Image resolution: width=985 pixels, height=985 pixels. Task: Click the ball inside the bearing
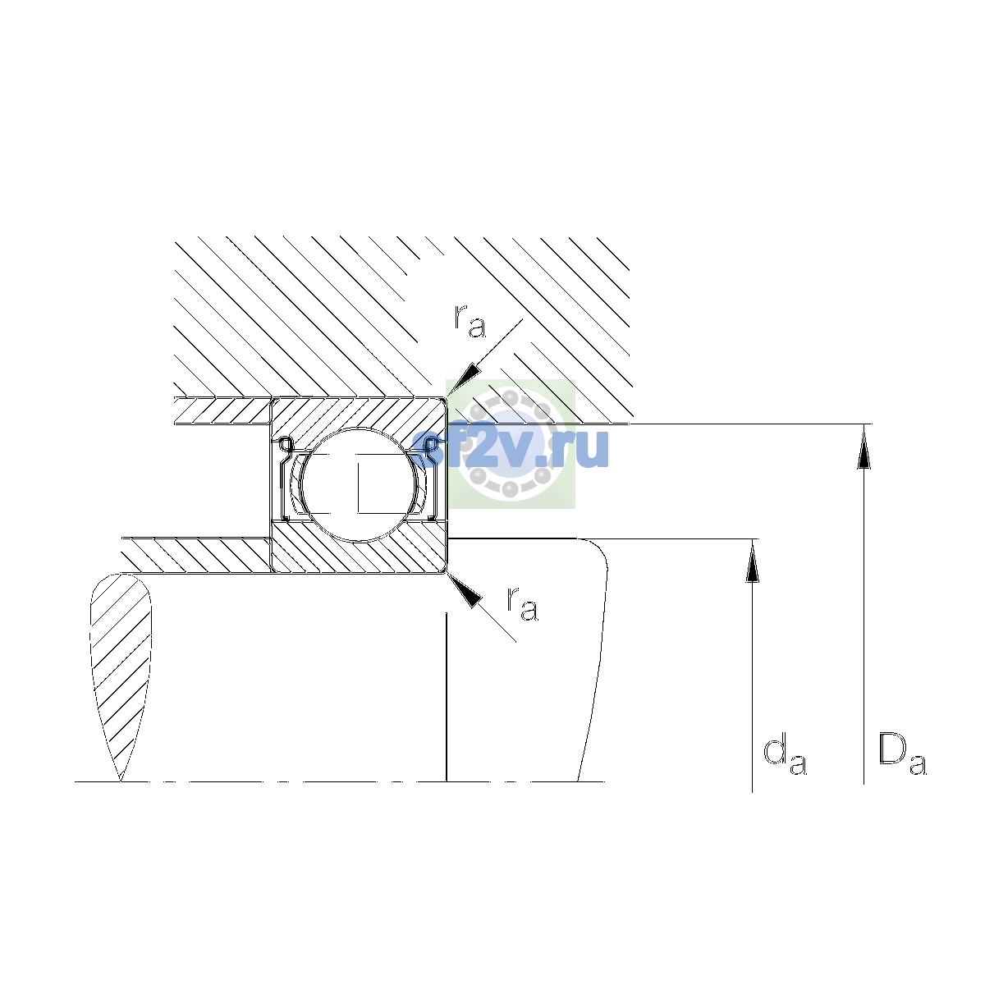coord(360,484)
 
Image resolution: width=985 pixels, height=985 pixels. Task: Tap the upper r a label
coord(470,322)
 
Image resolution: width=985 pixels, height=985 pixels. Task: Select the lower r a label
coord(522,604)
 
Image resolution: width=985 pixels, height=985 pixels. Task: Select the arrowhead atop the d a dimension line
coord(752,561)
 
